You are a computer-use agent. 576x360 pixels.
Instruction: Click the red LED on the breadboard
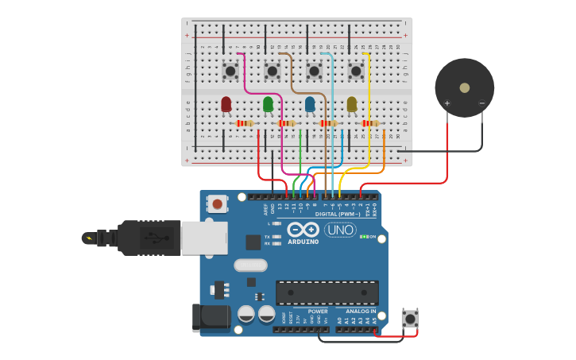point(226,104)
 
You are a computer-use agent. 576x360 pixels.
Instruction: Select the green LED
point(269,104)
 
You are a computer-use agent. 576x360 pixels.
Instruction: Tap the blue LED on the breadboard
point(310,104)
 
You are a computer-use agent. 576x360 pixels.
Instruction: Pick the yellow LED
point(352,104)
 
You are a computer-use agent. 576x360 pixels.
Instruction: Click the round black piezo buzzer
point(464,88)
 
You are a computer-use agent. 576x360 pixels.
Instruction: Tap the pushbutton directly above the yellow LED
point(356,72)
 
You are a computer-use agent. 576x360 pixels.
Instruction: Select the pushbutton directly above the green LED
point(272,72)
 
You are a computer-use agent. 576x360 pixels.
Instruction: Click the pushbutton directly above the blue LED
point(314,72)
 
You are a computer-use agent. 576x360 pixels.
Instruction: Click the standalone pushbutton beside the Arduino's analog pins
point(410,319)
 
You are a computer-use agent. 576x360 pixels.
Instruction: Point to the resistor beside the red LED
point(245,123)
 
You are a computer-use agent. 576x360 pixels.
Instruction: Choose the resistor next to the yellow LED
point(369,123)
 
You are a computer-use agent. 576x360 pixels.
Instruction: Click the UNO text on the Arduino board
point(340,230)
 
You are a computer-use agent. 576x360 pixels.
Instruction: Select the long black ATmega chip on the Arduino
point(327,292)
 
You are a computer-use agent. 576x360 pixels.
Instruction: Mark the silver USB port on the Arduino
point(204,238)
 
